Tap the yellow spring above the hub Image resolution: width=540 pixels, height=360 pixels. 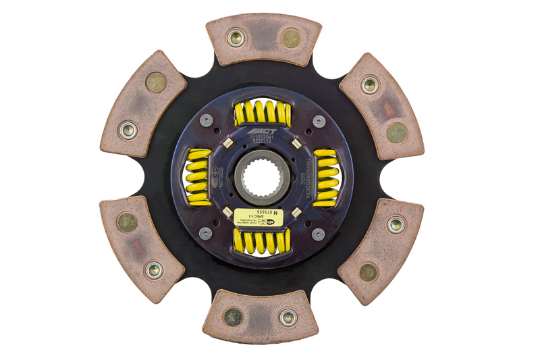tap(263, 113)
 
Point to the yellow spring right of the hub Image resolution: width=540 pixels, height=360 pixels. tap(327, 177)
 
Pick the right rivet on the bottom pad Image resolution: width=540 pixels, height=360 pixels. tap(288, 317)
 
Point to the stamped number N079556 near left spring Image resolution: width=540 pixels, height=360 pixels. tap(221, 177)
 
